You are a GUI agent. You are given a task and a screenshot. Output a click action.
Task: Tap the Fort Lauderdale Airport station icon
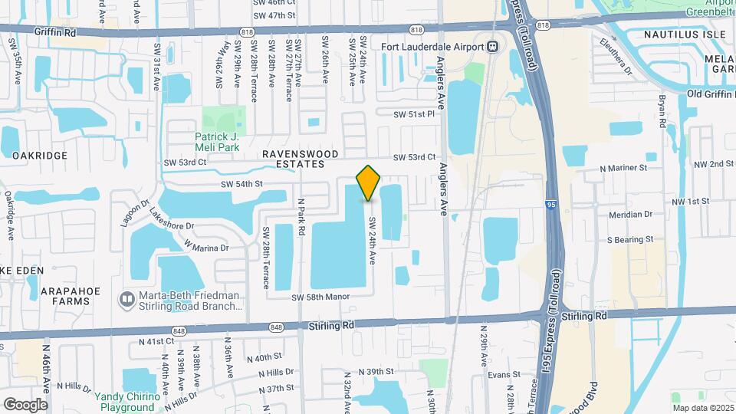coord(492,47)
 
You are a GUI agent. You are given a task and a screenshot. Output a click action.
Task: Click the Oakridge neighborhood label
coord(40,155)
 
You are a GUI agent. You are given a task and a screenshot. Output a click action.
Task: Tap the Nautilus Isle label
coord(684,34)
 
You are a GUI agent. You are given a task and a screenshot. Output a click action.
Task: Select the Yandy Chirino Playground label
coord(127,402)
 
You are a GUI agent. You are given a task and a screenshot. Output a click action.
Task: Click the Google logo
coord(25,404)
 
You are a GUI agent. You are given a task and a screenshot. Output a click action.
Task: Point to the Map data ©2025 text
coord(702,408)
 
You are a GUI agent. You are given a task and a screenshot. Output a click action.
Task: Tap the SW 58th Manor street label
coord(320,297)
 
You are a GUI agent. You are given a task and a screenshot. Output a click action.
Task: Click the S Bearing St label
coord(629,239)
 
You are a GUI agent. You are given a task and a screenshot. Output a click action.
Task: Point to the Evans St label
coord(504,375)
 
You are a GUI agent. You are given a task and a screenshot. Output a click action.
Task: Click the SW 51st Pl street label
coord(414,114)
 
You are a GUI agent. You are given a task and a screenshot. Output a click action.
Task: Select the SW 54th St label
coord(242,184)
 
